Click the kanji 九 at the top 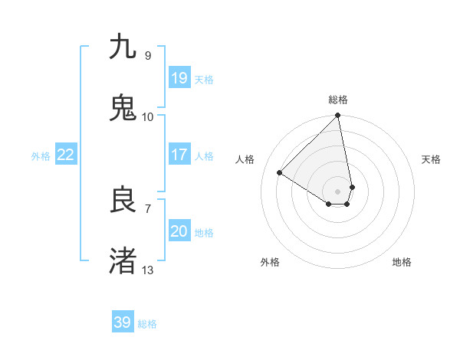click(x=123, y=47)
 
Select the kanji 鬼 click(x=123, y=107)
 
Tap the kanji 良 click(x=123, y=199)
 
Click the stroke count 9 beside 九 click(x=147, y=56)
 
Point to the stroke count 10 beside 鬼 click(x=147, y=117)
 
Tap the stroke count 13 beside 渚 click(x=147, y=270)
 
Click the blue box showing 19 click(x=179, y=78)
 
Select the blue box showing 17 click(x=179, y=155)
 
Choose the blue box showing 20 click(x=179, y=231)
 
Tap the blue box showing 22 click(x=66, y=155)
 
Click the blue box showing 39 click(x=123, y=322)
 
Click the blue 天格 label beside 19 click(x=204, y=80)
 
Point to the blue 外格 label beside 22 click(x=41, y=156)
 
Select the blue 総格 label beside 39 click(x=147, y=324)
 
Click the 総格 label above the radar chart click(x=338, y=100)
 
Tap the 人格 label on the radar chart click(x=245, y=159)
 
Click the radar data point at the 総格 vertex click(x=338, y=116)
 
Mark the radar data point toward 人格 click(x=280, y=172)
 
